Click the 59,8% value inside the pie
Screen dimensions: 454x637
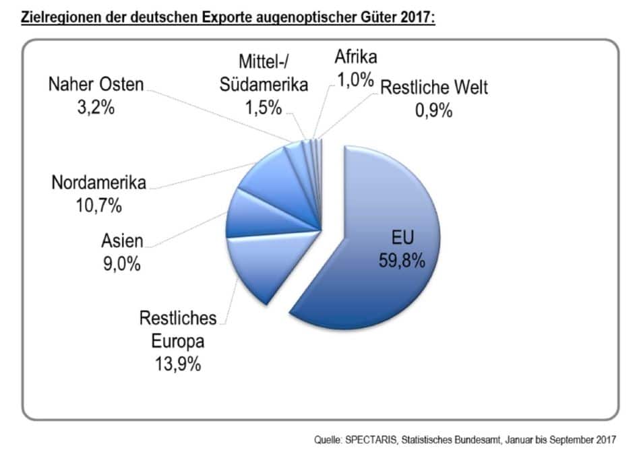click(402, 259)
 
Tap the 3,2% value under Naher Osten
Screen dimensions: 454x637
click(96, 106)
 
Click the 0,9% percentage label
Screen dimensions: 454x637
click(433, 109)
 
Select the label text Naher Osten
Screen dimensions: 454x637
click(96, 86)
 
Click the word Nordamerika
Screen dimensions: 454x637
click(98, 183)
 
